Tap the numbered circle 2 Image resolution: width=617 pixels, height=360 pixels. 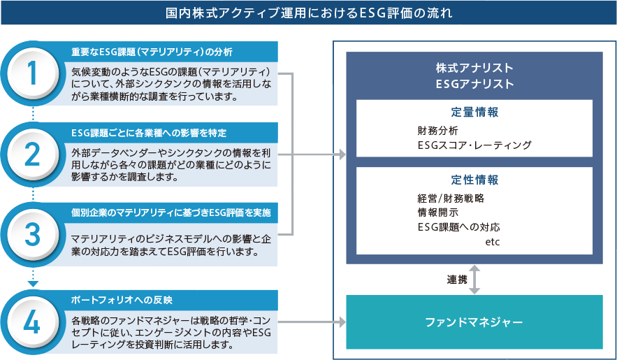coord(33,155)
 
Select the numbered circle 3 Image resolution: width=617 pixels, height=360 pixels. coord(33,236)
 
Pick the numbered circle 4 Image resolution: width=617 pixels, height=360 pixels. coord(33,320)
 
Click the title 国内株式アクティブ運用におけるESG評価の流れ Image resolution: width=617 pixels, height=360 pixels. coord(308,13)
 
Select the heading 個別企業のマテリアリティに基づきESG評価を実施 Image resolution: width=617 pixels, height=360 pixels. coord(170,212)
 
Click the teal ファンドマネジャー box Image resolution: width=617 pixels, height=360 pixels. coord(474,322)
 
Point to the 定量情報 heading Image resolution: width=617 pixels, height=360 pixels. coord(474,112)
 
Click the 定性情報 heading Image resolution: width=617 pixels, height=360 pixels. coord(474,180)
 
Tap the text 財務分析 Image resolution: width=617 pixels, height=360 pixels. coord(437,131)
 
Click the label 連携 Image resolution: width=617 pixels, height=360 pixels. coord(456,280)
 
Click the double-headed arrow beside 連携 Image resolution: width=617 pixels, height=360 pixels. coord(474,280)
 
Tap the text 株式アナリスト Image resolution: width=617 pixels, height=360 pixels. coord(474,68)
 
